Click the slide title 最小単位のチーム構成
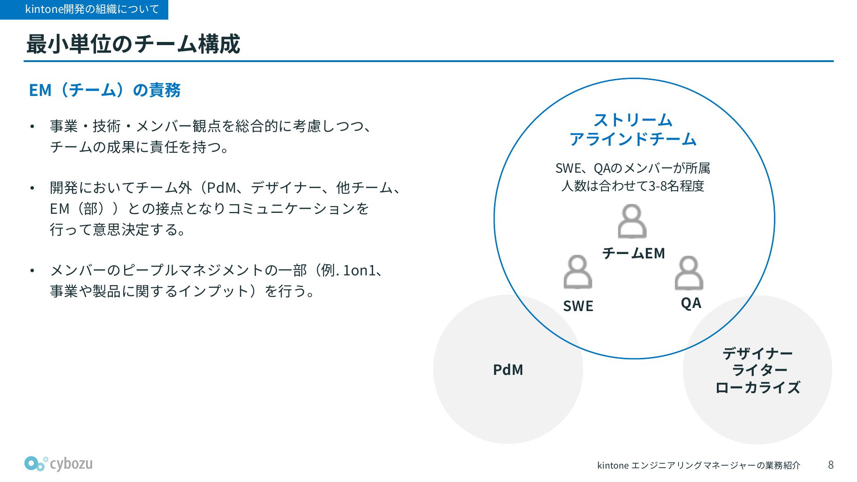coord(133,44)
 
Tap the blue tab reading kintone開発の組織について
coord(84,9)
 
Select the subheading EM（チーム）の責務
coord(105,90)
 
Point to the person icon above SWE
coord(578,272)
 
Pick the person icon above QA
coord(689,273)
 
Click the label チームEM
coord(633,253)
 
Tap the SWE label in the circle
coord(578,306)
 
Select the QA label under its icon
coord(691,303)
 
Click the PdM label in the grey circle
coord(508,370)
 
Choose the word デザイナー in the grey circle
coord(757,353)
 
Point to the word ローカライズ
coord(757,387)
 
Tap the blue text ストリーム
coord(633,120)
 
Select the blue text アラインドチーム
coord(633,139)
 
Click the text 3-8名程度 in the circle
coord(676,186)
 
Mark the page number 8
coord(831,465)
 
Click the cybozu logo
coord(58,464)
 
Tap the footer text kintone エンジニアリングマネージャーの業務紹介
coord(699,465)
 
